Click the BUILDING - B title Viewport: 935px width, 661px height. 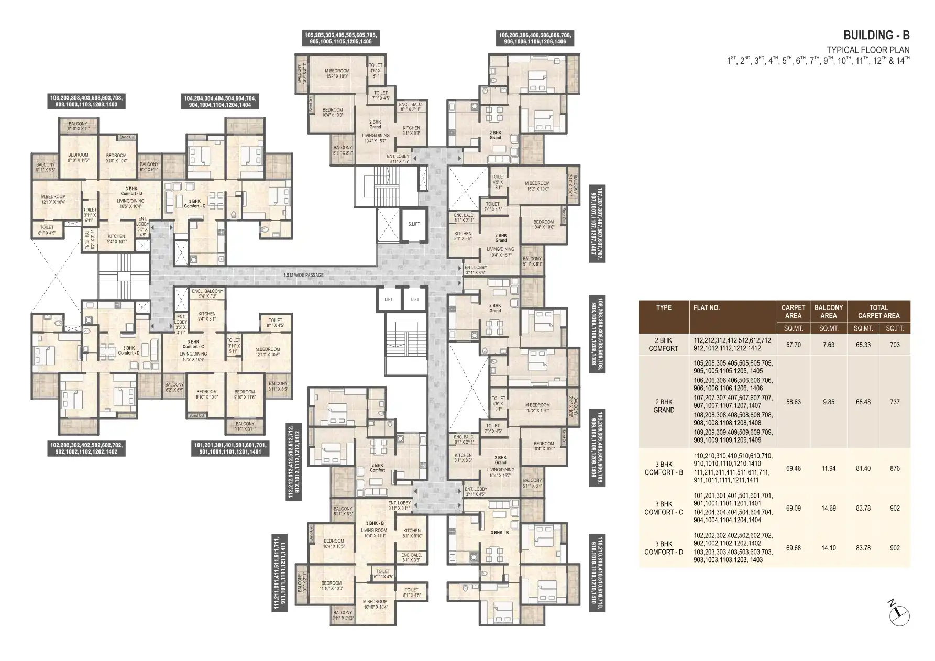coord(876,35)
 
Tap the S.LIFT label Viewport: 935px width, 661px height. coord(414,224)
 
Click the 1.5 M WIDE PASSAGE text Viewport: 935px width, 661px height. coord(303,275)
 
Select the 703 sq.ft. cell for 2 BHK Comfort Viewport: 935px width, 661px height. coord(894,345)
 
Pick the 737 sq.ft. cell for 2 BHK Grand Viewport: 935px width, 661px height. coord(894,402)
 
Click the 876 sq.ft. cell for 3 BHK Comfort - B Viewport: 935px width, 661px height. coord(894,468)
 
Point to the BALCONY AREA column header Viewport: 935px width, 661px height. coord(828,312)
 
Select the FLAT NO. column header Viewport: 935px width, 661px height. coord(707,308)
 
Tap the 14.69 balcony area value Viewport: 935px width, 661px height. coord(828,508)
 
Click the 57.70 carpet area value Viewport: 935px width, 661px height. coord(793,345)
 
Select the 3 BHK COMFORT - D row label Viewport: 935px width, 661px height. coord(663,548)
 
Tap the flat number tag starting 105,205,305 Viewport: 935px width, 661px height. coord(337,38)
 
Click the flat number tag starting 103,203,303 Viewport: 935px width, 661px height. coord(86,101)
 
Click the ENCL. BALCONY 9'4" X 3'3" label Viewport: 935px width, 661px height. coord(207,293)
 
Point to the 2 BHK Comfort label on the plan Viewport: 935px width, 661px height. coord(377,467)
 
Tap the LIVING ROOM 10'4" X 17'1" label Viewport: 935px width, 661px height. coord(374,533)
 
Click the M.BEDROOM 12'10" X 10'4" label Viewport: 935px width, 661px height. coord(53,199)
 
